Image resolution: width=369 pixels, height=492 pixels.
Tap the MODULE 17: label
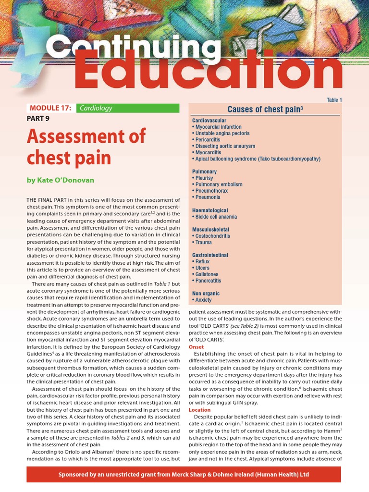click(x=50, y=108)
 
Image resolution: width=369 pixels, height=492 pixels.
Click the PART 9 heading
click(x=38, y=118)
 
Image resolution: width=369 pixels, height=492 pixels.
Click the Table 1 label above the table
click(x=334, y=100)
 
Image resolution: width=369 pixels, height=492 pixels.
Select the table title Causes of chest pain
click(x=265, y=109)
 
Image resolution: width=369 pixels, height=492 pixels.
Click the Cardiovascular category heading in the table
click(x=209, y=120)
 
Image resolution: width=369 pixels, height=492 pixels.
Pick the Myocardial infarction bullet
click(x=218, y=127)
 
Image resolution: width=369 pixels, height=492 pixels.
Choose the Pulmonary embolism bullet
click(x=219, y=184)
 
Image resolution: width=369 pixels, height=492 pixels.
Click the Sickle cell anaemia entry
click(x=216, y=217)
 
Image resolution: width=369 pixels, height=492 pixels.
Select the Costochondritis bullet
click(x=212, y=236)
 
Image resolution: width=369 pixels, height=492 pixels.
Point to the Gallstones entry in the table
click(x=208, y=274)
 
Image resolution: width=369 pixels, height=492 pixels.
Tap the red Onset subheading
click(x=197, y=346)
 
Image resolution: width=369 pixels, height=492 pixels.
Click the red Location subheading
click(x=199, y=410)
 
